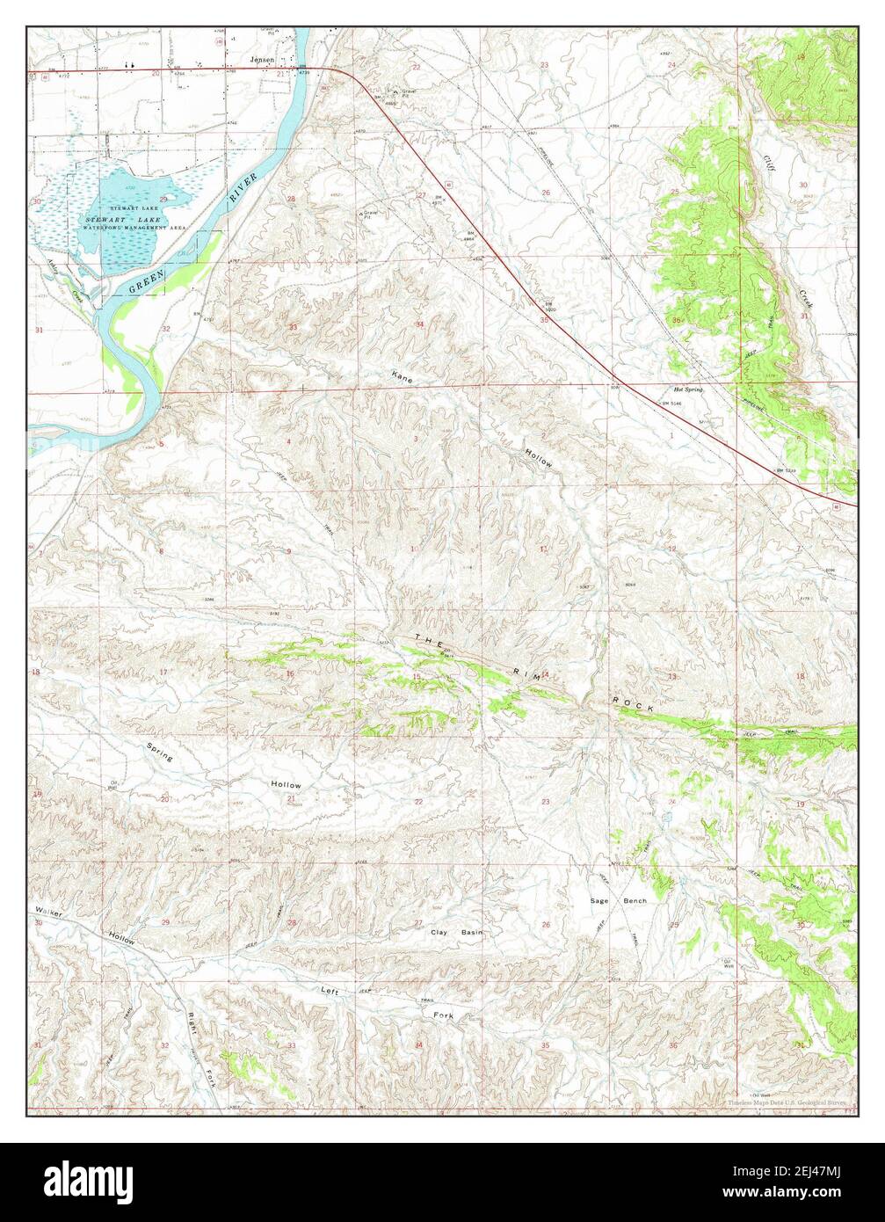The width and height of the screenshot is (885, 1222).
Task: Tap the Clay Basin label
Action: tap(456, 931)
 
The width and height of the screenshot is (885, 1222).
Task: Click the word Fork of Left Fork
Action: tap(445, 1015)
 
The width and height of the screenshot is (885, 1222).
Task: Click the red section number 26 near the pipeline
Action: tap(545, 192)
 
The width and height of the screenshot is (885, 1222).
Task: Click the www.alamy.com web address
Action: tap(801, 1194)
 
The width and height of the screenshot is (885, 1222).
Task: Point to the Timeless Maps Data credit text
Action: tap(786, 1102)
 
